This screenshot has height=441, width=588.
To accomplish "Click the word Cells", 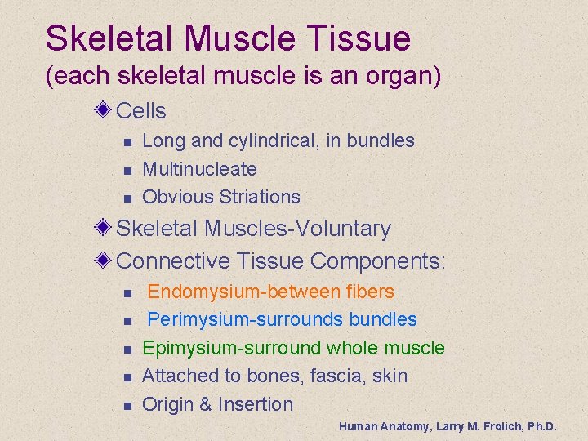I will coord(141,111).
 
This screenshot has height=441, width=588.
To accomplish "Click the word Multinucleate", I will coord(199,169).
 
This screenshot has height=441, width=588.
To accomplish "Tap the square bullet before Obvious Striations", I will coord(127,198).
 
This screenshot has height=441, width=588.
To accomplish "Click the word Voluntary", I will coord(342,229).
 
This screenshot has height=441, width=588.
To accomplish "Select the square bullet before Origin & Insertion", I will coord(127,406).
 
